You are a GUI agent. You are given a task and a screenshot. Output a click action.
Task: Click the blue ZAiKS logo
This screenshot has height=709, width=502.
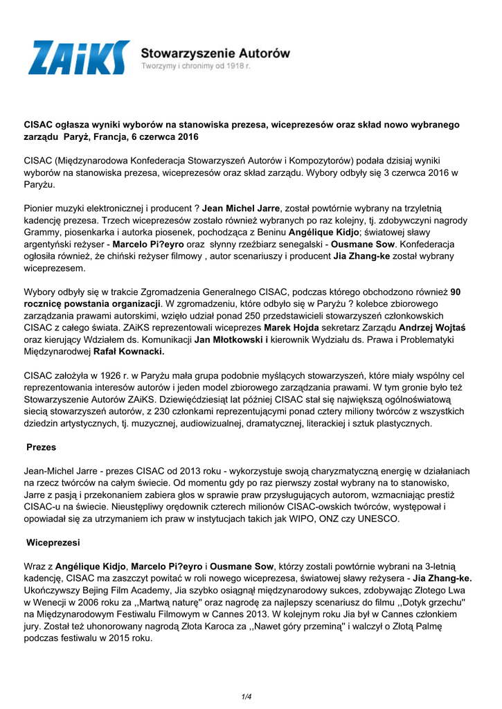tap(78, 57)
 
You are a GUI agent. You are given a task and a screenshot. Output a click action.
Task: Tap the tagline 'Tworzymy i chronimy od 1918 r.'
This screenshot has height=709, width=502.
tap(196, 66)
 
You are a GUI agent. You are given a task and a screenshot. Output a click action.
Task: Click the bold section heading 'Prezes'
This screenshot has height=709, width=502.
tap(41, 447)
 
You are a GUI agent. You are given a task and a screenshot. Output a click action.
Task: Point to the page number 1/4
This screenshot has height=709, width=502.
tap(246, 697)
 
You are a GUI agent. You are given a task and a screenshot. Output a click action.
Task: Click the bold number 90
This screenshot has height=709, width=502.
tap(455, 291)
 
